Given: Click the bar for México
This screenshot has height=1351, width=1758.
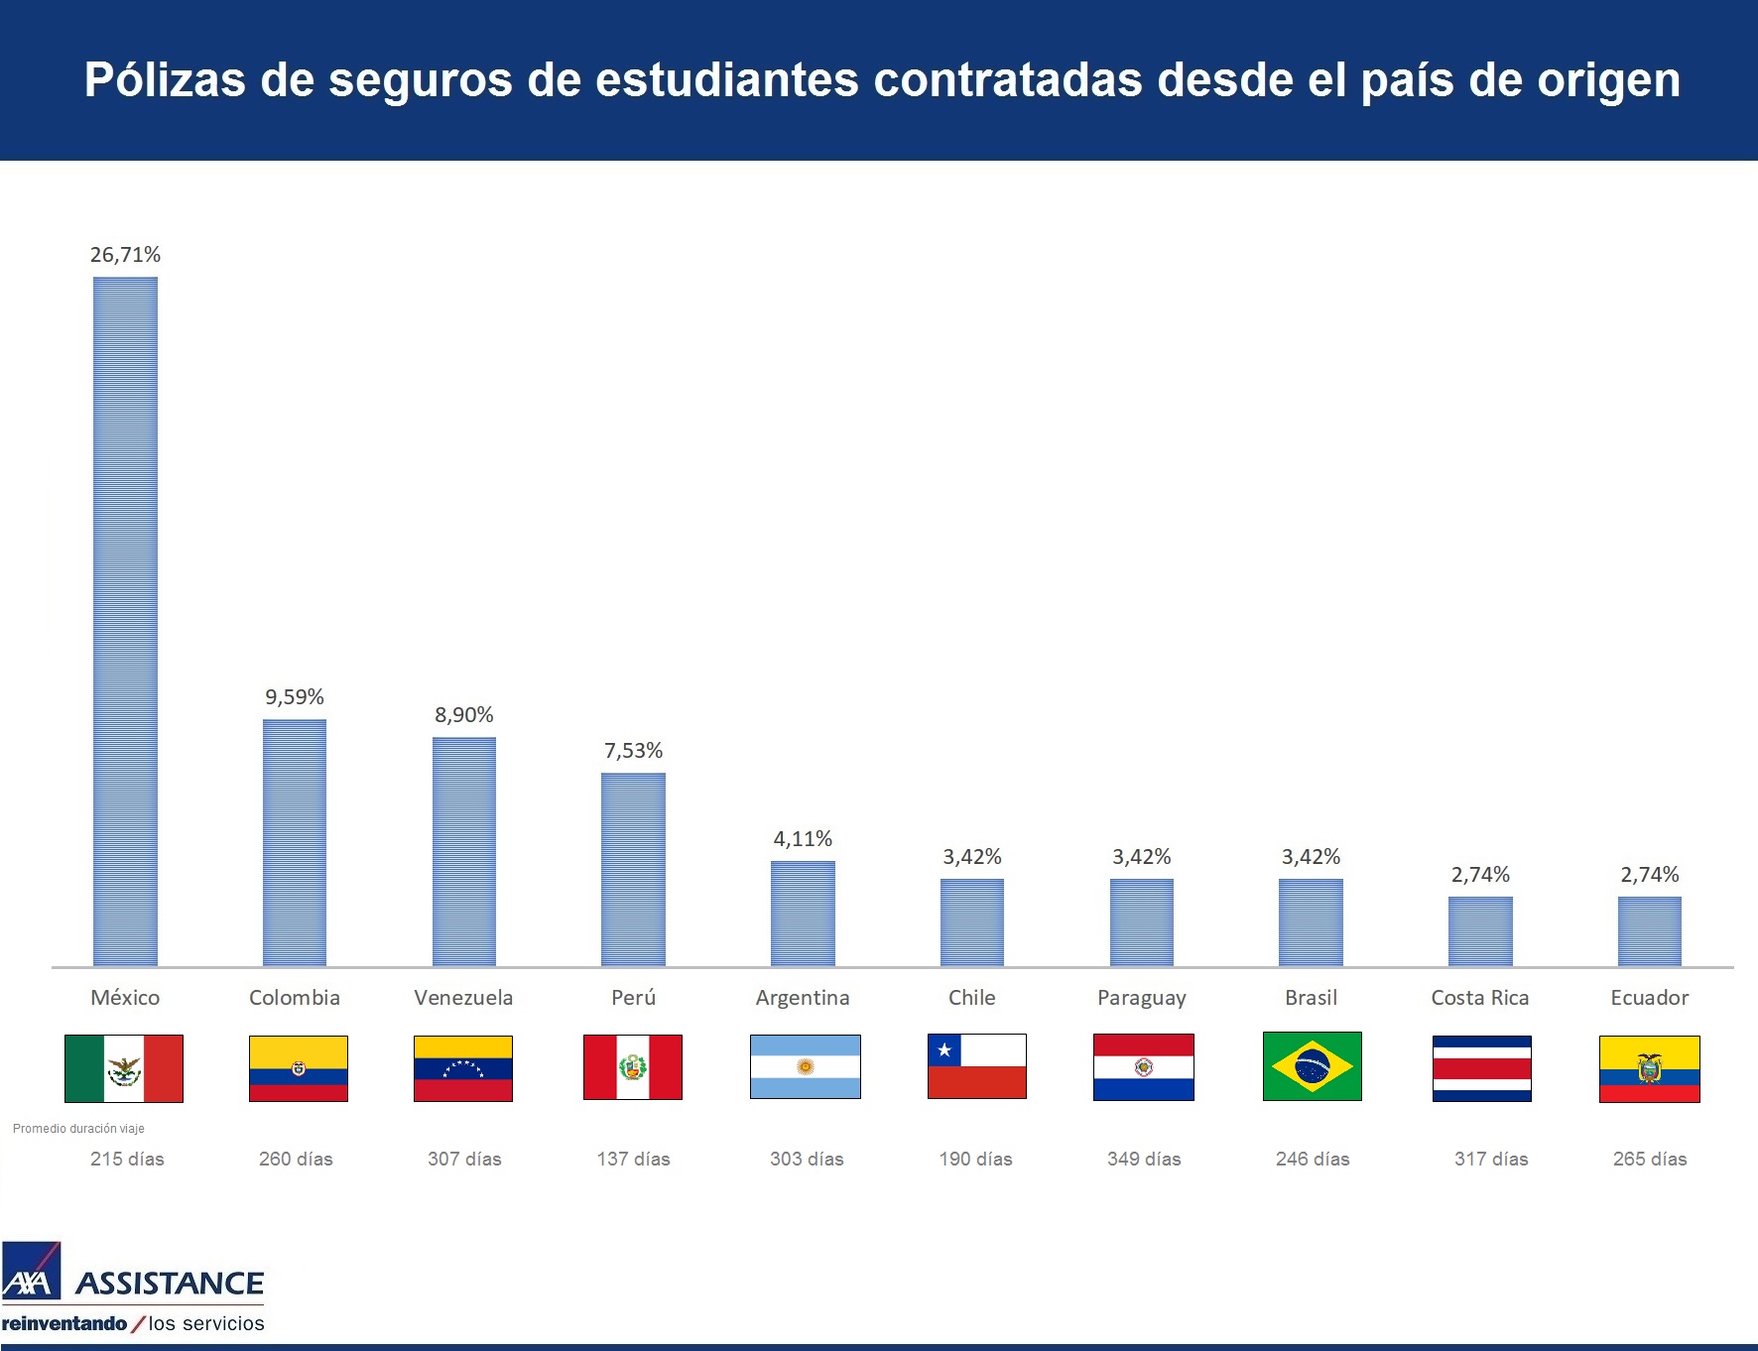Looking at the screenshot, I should click(125, 621).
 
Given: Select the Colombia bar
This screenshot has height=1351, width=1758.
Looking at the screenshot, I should click(295, 842).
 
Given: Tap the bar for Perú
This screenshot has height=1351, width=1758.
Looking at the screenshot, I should click(633, 869).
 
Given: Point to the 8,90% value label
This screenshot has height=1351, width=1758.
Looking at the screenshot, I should click(463, 715).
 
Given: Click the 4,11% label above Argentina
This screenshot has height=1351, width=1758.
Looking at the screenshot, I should click(803, 839).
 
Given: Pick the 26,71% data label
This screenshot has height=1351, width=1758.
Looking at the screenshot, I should click(125, 255).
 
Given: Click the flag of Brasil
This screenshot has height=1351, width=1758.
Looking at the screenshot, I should click(1312, 1066).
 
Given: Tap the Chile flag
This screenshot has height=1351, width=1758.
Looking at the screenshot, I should click(976, 1066).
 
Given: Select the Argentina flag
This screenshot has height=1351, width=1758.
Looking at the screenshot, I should click(805, 1066).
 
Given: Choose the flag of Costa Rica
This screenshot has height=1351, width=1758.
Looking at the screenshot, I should click(1481, 1068).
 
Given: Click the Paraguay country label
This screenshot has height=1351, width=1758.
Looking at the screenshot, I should click(1141, 998).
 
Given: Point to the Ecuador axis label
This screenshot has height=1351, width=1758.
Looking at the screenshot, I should click(1649, 998).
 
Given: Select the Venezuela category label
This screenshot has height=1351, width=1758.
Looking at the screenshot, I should click(463, 998).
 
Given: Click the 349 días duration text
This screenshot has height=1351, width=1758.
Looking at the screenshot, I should click(1144, 1159).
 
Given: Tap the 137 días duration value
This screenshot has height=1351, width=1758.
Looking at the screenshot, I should click(633, 1159).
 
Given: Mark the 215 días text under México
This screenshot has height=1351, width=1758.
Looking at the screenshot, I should click(127, 1159).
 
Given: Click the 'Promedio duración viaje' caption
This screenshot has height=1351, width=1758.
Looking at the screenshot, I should click(78, 1129).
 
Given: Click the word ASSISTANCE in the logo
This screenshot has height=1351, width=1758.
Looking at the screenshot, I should click(170, 1284).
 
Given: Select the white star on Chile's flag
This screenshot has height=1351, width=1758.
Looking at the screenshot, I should click(944, 1049).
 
